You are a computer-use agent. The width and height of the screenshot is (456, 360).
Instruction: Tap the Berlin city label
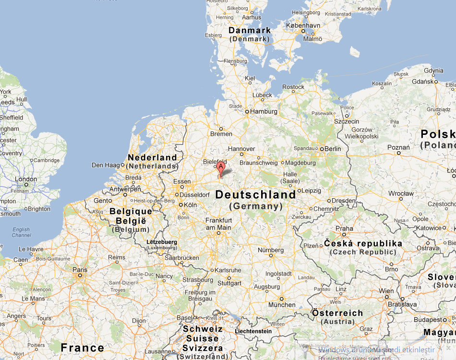333,149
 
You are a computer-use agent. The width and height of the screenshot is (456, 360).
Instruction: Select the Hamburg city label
264,111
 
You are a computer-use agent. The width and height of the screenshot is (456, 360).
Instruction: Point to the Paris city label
80,270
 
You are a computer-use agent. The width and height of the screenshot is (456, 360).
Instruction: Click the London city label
25,179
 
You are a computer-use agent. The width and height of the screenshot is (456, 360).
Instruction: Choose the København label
303,25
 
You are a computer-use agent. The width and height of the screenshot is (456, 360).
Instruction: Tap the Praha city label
344,228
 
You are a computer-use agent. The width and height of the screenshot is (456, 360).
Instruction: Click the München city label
282,304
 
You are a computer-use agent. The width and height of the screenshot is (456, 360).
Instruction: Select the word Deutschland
255,195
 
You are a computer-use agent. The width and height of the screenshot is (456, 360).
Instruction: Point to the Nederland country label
152,157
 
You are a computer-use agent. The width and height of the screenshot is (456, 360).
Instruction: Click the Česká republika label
363,243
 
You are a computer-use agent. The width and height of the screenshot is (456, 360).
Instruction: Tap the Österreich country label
337,313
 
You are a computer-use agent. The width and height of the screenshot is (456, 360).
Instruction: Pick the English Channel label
21,232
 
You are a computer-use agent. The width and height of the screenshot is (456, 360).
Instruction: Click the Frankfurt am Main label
218,224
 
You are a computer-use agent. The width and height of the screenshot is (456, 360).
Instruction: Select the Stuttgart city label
229,283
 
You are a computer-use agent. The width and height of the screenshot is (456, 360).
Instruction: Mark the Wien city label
386,291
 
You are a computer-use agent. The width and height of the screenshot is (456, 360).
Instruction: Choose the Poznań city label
398,147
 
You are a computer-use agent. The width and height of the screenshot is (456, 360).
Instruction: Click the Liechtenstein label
253,331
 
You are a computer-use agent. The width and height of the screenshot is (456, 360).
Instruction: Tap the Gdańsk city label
422,81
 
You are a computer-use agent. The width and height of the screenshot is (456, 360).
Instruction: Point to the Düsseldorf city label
194,194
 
